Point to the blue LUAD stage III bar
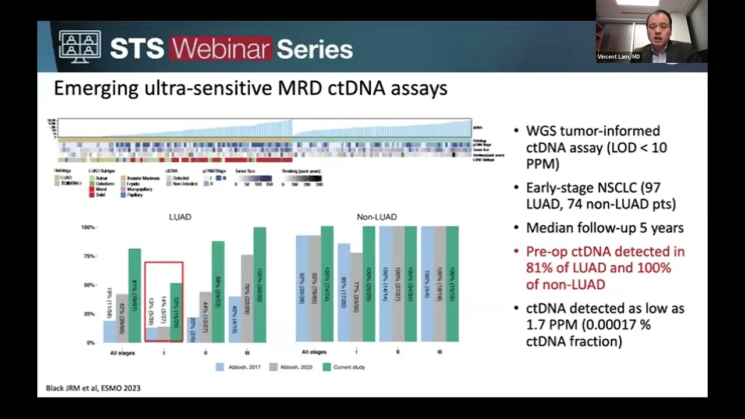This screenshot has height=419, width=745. pyautogui.click(x=235, y=319)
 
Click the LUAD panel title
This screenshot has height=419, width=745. pyautogui.click(x=180, y=217)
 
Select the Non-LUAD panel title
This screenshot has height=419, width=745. pyautogui.click(x=377, y=217)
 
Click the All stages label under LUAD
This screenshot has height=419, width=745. pyautogui.click(x=122, y=353)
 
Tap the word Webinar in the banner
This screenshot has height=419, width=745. pyautogui.click(x=221, y=49)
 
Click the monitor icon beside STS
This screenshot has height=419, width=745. pyautogui.click(x=80, y=47)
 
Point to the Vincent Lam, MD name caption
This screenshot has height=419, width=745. pyautogui.click(x=618, y=57)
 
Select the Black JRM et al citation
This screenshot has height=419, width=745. pyautogui.click(x=93, y=388)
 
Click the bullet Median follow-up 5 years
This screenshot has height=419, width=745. pyautogui.click(x=604, y=228)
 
